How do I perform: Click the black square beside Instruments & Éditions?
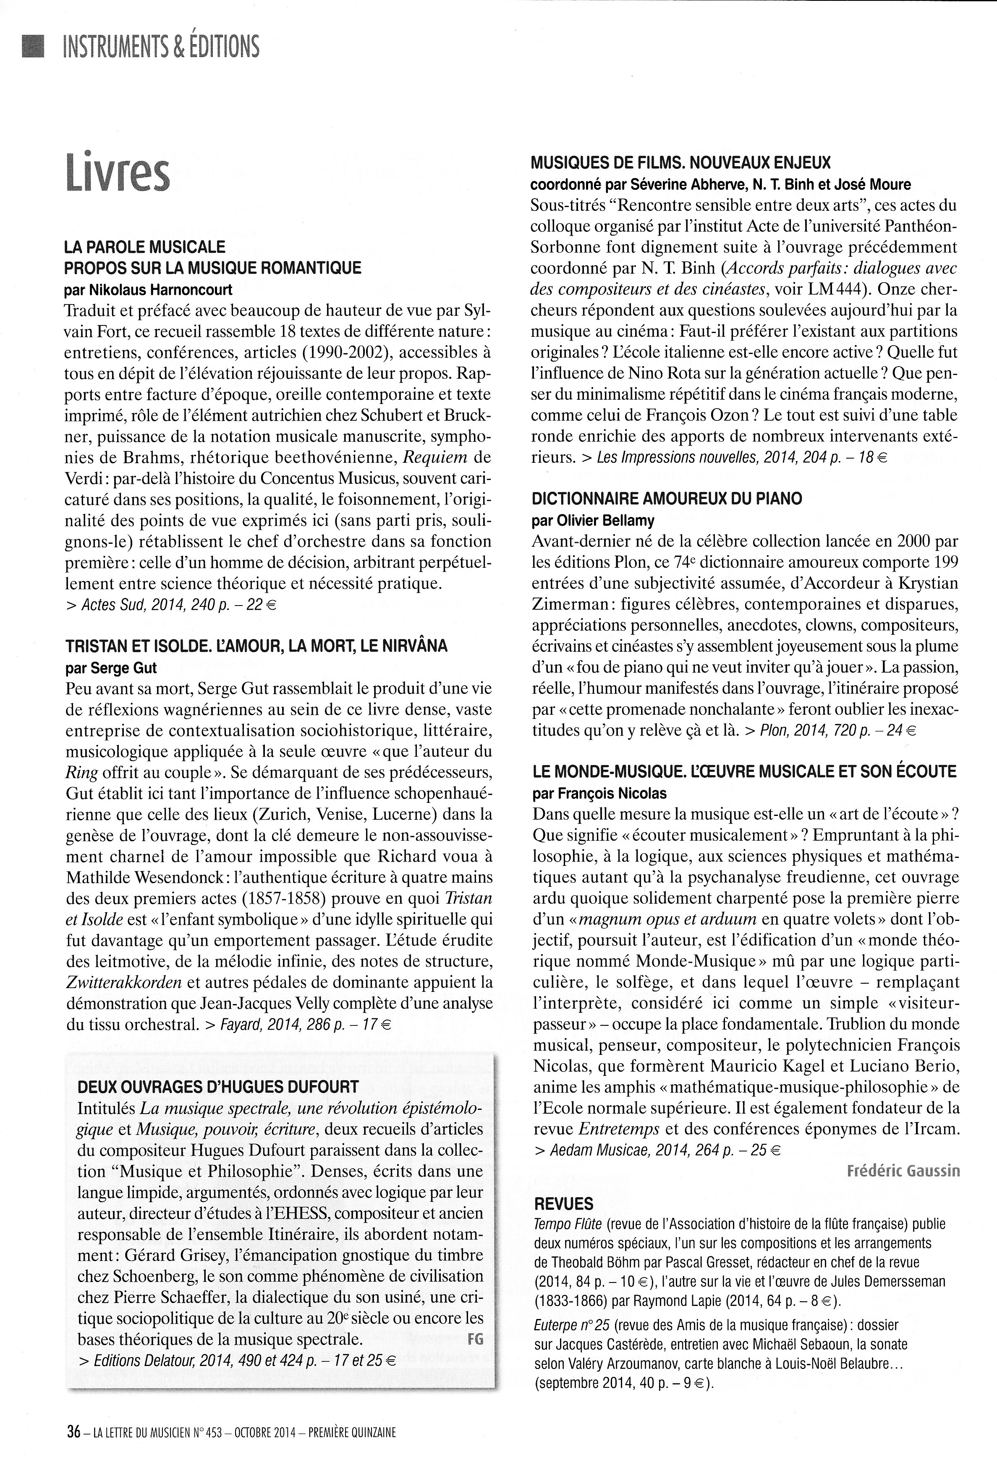click(33, 47)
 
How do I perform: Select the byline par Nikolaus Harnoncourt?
click(149, 290)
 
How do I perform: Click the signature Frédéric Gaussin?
click(903, 1171)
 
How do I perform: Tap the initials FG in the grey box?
click(475, 1339)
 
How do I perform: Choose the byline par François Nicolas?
click(599, 793)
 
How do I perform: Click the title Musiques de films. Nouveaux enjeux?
click(680, 163)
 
